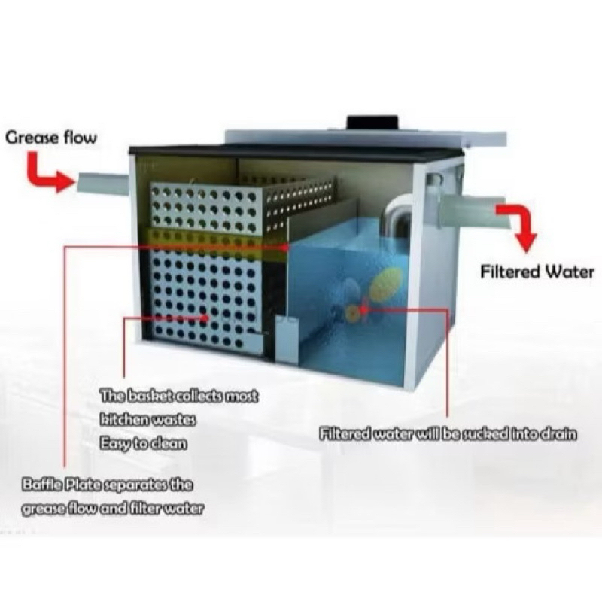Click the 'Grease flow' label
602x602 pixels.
pyautogui.click(x=51, y=138)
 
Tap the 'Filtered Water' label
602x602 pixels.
pyautogui.click(x=537, y=272)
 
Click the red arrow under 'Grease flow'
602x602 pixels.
pyautogui.click(x=46, y=173)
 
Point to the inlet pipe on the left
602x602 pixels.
pyautogui.click(x=103, y=183)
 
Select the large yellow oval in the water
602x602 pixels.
pyautogui.click(x=387, y=283)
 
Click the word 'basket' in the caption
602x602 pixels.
pyautogui.click(x=149, y=396)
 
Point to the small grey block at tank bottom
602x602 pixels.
pyautogui.click(x=287, y=339)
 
